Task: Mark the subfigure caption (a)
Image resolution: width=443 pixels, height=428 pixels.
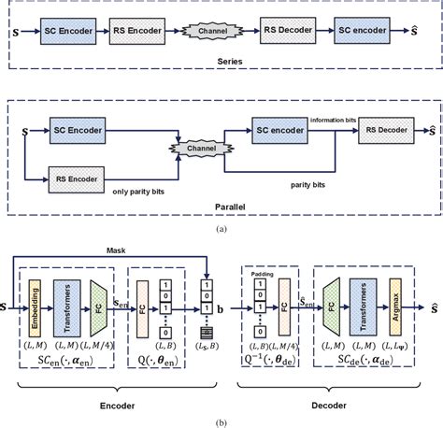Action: [x=221, y=225]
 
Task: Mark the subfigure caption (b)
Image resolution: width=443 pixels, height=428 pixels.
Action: [x=221, y=420]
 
